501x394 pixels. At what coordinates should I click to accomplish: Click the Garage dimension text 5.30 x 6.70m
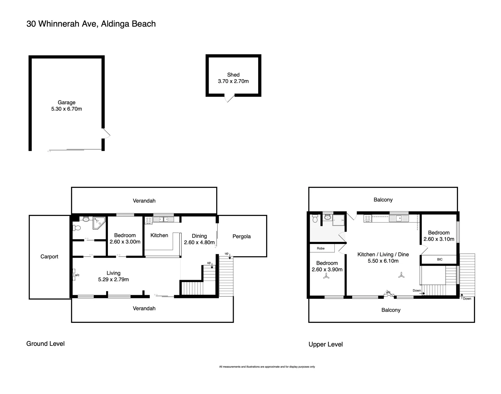click(x=66, y=109)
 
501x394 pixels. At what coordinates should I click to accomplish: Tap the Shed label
click(x=233, y=75)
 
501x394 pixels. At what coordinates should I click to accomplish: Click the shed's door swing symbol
click(x=229, y=98)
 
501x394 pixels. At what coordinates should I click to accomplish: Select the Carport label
click(x=49, y=256)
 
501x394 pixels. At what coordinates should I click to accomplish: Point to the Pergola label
click(x=241, y=236)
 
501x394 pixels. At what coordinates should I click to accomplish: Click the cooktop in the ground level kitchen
click(x=148, y=220)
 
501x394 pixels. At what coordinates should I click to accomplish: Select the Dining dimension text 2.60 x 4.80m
click(x=199, y=242)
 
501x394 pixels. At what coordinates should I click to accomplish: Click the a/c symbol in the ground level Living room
click(x=74, y=274)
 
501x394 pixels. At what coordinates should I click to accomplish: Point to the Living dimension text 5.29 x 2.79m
click(x=113, y=279)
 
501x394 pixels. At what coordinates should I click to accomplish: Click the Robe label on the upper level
click(x=321, y=248)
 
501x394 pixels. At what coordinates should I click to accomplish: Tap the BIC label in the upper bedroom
click(x=439, y=259)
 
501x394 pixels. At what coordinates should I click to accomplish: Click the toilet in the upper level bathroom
click(x=315, y=219)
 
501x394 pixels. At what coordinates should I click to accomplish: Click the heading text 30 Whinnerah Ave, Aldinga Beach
click(x=91, y=24)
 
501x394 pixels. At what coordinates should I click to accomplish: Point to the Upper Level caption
click(x=326, y=344)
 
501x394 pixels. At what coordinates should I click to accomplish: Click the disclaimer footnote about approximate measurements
click(x=267, y=367)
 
